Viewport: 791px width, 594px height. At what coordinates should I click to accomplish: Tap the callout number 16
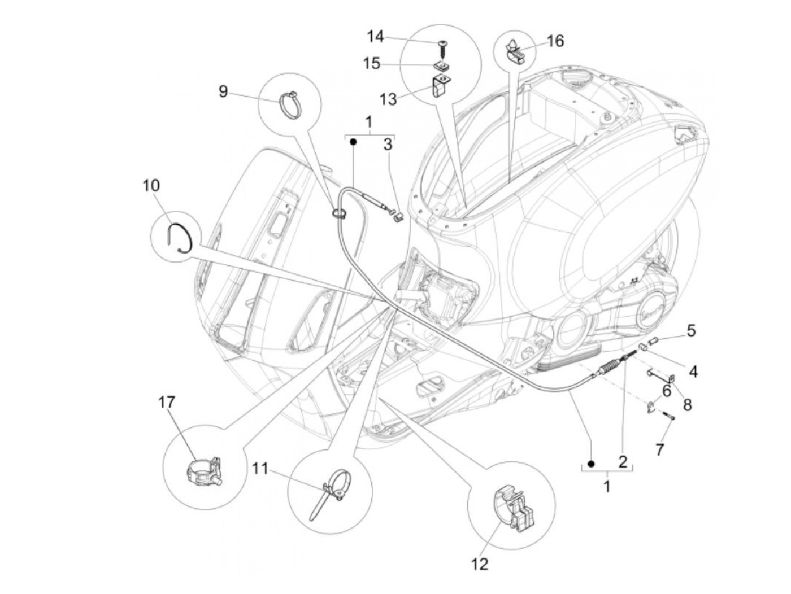555,41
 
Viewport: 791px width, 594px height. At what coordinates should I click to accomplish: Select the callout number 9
223,91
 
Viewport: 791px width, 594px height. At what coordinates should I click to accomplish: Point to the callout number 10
151,185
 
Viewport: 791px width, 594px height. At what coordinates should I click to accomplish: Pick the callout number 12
479,564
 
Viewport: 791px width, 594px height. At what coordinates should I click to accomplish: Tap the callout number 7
659,449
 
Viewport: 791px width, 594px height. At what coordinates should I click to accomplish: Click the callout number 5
691,330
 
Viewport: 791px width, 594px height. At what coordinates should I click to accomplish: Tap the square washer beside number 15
442,65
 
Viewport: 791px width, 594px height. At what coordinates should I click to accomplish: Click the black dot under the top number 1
353,142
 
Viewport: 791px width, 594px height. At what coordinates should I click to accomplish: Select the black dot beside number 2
591,464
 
